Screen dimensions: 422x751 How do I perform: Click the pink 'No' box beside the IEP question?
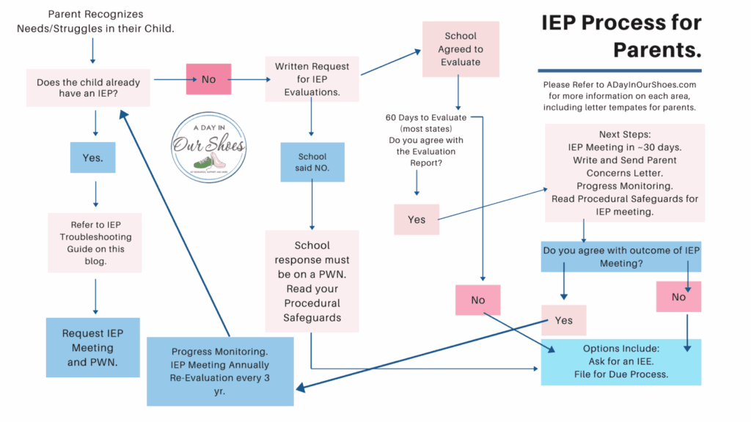(208, 79)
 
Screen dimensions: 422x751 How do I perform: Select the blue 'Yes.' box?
(92, 158)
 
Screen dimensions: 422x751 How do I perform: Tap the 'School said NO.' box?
(312, 162)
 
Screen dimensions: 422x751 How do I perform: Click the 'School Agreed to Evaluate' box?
(461, 49)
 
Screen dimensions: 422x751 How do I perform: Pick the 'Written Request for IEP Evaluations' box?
(312, 79)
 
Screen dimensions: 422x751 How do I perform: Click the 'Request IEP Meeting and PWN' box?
(92, 347)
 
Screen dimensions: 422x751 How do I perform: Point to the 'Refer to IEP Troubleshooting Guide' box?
(95, 243)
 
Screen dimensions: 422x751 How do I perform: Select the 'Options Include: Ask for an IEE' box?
(620, 362)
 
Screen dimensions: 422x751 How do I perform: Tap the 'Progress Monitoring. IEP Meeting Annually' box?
(220, 371)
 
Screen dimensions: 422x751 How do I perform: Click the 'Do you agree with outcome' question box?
(620, 256)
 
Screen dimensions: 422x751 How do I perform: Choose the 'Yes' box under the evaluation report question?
(417, 219)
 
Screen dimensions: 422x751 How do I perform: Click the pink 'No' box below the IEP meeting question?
(678, 297)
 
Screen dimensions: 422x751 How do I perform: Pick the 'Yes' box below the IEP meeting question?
(564, 320)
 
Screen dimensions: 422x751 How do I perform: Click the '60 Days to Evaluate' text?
(427, 118)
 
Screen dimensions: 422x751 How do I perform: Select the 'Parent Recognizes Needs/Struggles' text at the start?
(95, 21)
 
